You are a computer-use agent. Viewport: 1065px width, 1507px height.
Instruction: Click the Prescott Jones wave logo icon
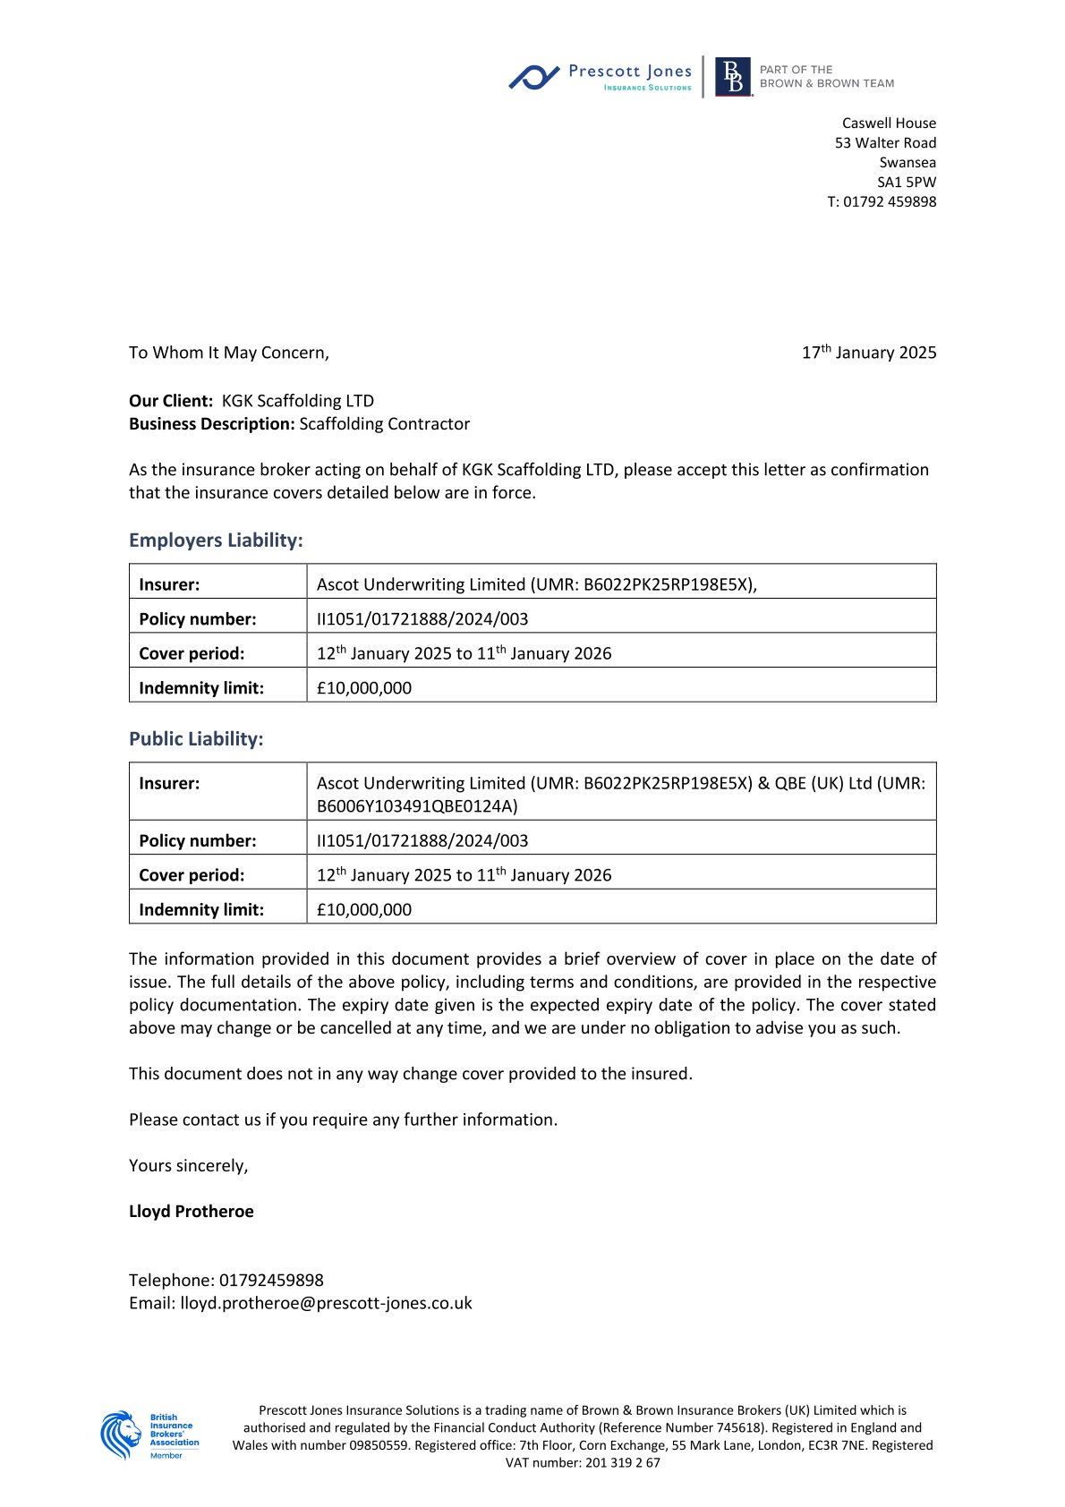534,77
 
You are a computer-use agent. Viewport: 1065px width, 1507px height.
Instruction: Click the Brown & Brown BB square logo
733,77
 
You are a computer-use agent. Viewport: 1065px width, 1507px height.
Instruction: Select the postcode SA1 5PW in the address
906,182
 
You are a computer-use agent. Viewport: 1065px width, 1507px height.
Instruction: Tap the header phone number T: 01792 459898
881,201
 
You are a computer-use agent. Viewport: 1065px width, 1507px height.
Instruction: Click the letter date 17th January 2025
868,353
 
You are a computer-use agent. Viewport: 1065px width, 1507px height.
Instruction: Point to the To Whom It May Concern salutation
228,353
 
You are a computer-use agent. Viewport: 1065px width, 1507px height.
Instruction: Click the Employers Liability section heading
216,541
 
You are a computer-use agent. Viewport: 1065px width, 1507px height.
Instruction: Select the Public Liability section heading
196,739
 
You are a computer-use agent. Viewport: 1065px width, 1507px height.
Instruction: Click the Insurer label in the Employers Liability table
169,584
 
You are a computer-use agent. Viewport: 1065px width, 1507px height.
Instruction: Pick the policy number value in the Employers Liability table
422,619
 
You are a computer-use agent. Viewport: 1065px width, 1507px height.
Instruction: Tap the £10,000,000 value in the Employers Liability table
364,688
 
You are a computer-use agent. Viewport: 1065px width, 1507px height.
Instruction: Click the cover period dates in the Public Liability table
464,875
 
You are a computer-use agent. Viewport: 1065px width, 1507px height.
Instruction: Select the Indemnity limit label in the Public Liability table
201,910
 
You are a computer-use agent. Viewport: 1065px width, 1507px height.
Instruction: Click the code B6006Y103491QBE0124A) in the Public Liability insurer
417,806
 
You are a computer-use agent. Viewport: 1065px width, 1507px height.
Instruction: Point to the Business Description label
211,424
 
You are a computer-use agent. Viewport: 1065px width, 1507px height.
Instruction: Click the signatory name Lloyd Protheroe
192,1212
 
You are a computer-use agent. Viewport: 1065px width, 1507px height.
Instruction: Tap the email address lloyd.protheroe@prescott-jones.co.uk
326,1303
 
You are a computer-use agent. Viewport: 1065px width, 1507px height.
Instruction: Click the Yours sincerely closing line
188,1165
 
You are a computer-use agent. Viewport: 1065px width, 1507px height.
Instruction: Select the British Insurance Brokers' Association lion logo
122,1435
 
